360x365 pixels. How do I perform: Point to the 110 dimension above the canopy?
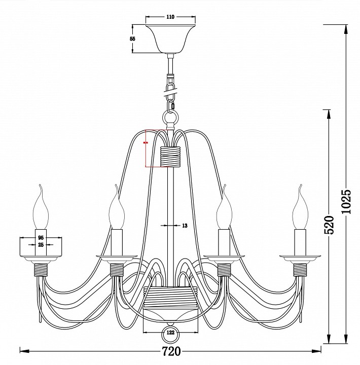coord(170,17)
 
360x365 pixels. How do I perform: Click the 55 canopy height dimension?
coord(132,39)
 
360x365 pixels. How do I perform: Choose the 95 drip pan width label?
coord(41,237)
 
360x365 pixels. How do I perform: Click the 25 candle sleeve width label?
coord(41,245)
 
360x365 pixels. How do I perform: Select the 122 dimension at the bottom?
coord(170,333)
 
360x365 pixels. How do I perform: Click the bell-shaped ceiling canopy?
coord(170,39)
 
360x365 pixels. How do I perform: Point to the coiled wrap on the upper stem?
coord(170,157)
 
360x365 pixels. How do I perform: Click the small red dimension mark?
coord(146,143)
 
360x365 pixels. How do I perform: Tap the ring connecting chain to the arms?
coord(170,119)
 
